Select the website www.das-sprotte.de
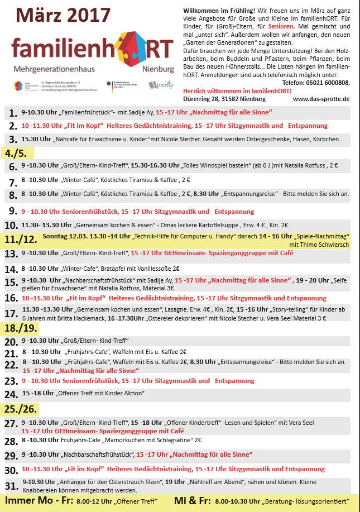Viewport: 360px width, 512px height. coord(321,98)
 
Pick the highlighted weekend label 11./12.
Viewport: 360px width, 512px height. coord(21,240)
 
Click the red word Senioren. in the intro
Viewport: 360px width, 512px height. coord(282,26)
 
